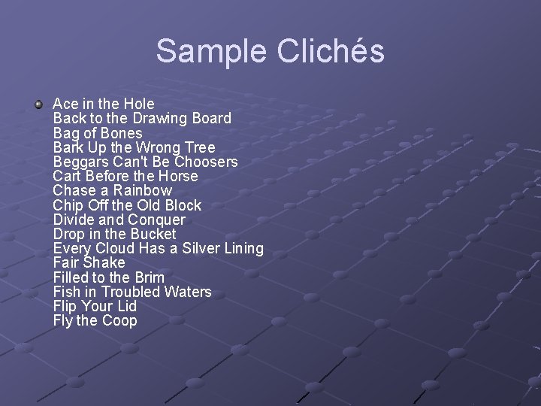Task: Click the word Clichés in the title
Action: pos(331,52)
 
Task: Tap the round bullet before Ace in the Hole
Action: pos(39,103)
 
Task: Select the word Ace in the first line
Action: pos(65,104)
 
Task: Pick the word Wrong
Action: pos(163,147)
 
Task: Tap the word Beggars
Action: pos(80,162)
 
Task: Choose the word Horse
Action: pos(178,176)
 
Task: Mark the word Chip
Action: pos(68,205)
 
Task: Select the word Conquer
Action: pos(156,220)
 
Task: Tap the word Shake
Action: pos(104,262)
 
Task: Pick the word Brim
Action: pos(150,277)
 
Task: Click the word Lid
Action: pos(125,306)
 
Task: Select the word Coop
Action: pos(119,320)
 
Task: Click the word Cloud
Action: pos(114,248)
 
